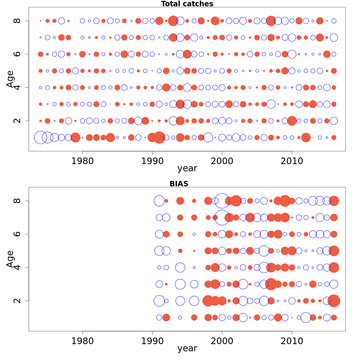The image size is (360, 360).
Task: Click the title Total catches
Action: coord(187,4)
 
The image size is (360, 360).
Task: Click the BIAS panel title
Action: coord(179,184)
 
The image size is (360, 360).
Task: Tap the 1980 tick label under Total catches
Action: coord(82,161)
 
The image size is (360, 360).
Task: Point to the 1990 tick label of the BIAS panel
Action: coord(152,341)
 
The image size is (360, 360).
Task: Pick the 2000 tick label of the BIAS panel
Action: coord(222,341)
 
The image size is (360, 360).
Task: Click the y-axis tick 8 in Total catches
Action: coord(17,21)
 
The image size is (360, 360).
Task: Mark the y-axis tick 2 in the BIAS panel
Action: coord(17,301)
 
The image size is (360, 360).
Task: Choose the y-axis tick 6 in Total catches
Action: coord(17,54)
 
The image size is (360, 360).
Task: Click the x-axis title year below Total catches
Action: coord(187,169)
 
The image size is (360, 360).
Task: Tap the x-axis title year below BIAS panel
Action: coord(187,348)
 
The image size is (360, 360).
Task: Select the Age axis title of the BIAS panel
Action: coord(10,259)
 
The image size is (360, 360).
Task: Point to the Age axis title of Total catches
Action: coord(10,79)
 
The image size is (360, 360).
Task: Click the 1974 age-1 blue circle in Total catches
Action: coord(40,137)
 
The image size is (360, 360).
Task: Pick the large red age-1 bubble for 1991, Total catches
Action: coord(159,137)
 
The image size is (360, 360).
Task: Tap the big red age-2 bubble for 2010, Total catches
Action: coord(292,121)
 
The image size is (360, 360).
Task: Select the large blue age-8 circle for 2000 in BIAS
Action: coord(222,201)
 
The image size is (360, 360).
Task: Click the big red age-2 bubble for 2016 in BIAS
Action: coord(334,301)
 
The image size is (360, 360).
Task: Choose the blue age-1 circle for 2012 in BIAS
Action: coord(306,317)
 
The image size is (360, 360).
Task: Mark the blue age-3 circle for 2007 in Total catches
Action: coord(271,104)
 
